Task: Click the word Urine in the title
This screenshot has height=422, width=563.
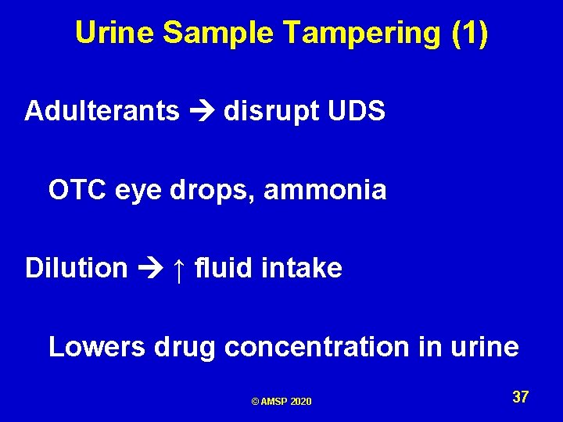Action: (116, 33)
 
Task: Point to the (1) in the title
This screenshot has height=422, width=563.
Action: (470, 33)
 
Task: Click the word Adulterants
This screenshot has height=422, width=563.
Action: (102, 111)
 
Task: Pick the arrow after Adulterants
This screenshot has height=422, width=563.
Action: (202, 112)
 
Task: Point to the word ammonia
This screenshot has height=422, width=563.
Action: (325, 189)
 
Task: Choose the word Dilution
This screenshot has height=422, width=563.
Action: (77, 268)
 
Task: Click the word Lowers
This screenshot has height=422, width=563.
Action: (94, 346)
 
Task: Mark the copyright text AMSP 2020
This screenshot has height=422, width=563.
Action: (281, 402)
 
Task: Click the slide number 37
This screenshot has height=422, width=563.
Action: (521, 397)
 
